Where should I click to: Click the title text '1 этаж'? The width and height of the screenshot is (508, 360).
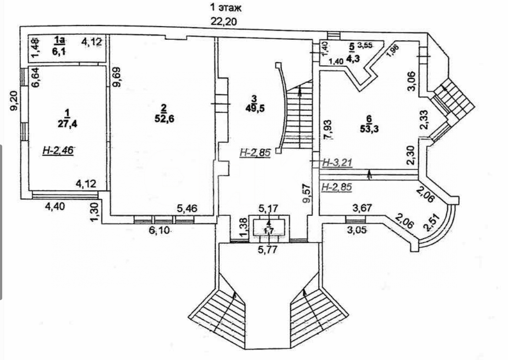pos(225,7)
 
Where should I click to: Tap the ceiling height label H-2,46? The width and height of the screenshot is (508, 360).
pos(58,151)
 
